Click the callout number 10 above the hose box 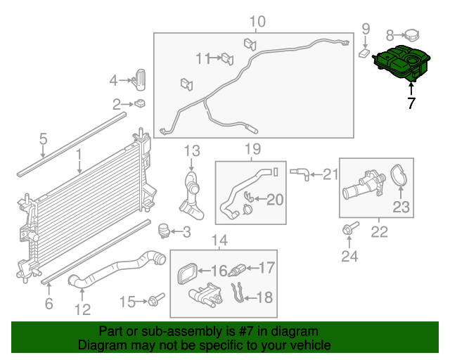coord(257,22)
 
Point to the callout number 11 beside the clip coord(202,58)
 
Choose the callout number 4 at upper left coord(113,81)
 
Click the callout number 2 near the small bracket coord(116,105)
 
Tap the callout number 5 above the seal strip coord(43,139)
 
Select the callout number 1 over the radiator coord(79,153)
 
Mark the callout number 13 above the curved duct coord(192,150)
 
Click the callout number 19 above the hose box coord(252,149)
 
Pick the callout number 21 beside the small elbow coord(330,174)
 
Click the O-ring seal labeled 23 coord(399,175)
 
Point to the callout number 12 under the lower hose coord(83,309)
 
